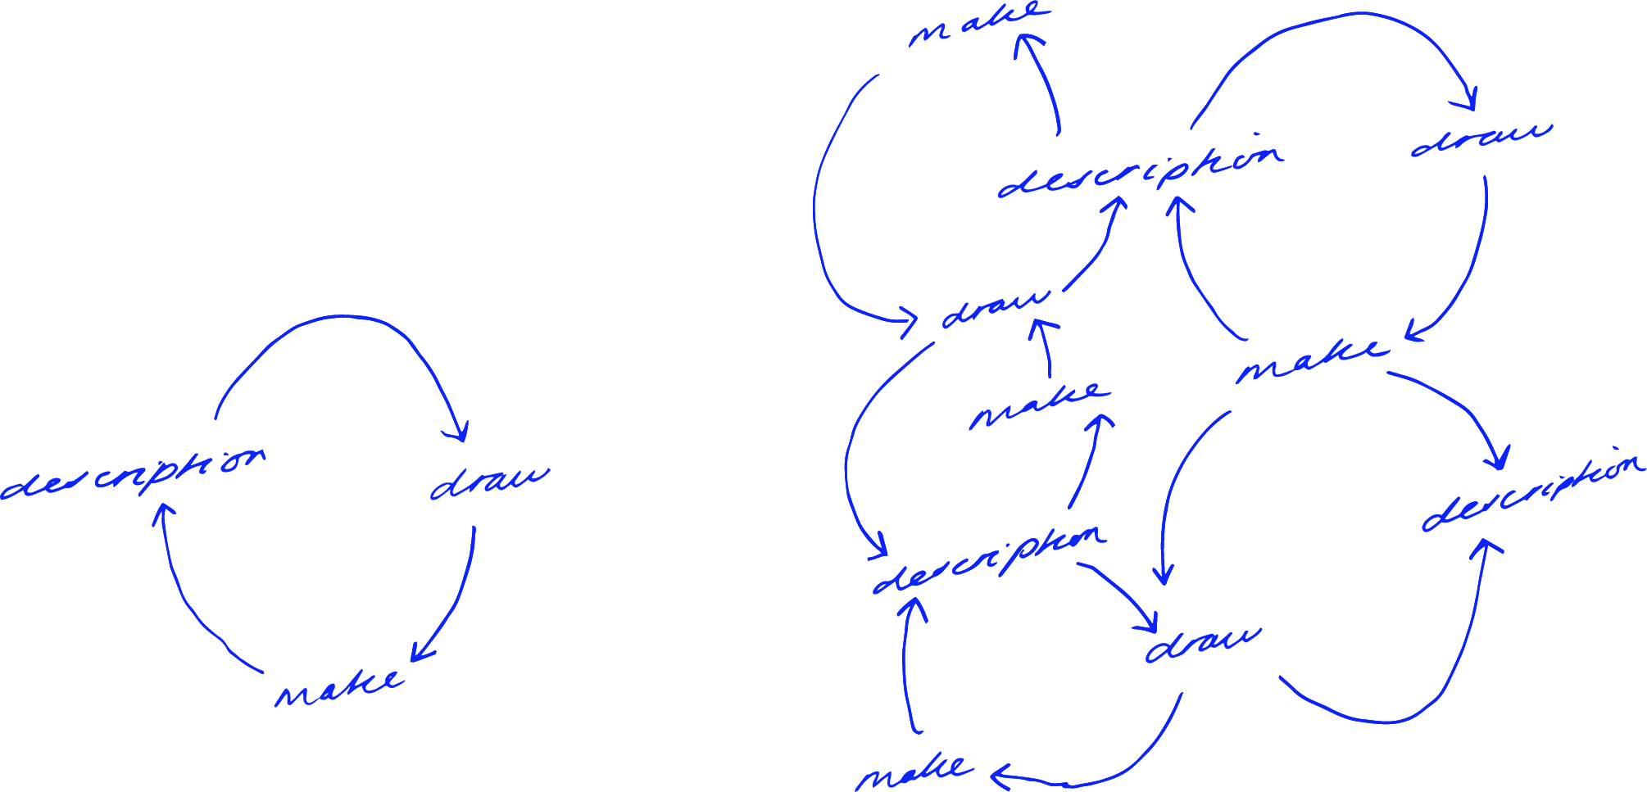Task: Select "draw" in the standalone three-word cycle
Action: [489, 483]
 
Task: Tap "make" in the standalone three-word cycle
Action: [338, 688]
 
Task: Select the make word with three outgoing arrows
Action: [1311, 360]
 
